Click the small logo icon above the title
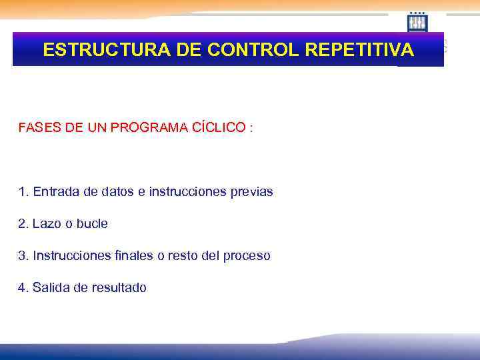coord(417,22)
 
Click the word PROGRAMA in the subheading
coord(141,127)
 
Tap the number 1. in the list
coord(23,192)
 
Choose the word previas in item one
coord(250,192)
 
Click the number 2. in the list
coord(23,224)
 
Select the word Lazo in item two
coord(46,224)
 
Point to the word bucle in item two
coord(92,224)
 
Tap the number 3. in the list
coord(23,256)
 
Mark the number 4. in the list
coord(23,288)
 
